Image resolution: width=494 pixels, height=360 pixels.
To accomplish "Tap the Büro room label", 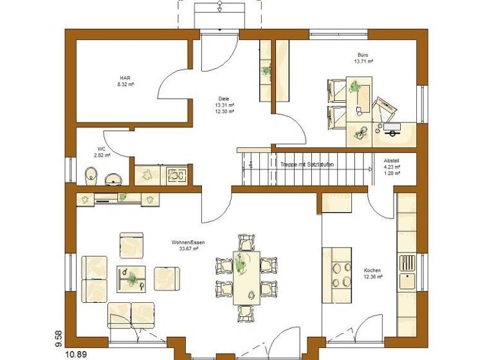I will click(365, 55).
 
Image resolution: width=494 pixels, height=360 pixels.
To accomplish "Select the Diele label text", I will click(223, 98).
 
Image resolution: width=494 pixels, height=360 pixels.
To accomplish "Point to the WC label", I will click(102, 148).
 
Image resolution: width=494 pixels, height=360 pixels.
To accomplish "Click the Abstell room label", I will click(392, 161).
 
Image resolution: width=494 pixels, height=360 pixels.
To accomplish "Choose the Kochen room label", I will click(372, 270).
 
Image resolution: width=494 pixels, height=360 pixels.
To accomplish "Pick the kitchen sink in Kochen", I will click(407, 281).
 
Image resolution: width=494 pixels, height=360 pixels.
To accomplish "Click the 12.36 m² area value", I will click(372, 277).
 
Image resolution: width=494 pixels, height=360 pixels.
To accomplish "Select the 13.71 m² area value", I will click(365, 62).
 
